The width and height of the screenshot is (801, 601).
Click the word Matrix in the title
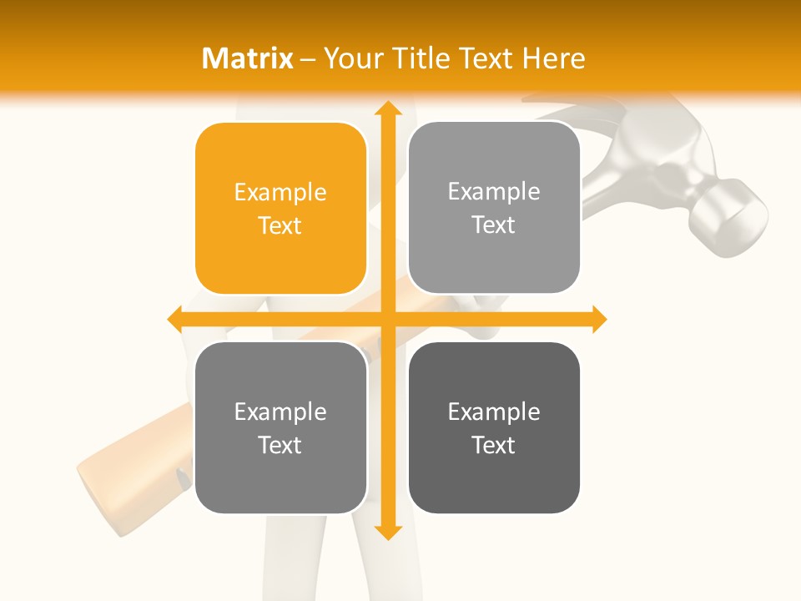[248, 58]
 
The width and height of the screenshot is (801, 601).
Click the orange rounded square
[280, 209]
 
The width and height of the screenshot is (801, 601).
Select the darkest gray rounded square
[494, 427]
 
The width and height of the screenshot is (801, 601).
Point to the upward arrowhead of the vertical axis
[387, 109]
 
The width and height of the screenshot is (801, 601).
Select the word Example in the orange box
[280, 192]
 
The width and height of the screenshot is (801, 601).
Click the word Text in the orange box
[280, 225]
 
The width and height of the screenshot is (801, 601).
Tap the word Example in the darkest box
[494, 412]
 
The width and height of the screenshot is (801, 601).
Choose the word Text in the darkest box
[494, 445]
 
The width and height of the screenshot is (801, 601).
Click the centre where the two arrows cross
[387, 319]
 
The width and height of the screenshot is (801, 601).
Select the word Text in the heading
[483, 58]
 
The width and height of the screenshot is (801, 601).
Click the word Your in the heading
[349, 58]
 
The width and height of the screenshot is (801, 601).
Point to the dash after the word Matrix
[308, 58]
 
